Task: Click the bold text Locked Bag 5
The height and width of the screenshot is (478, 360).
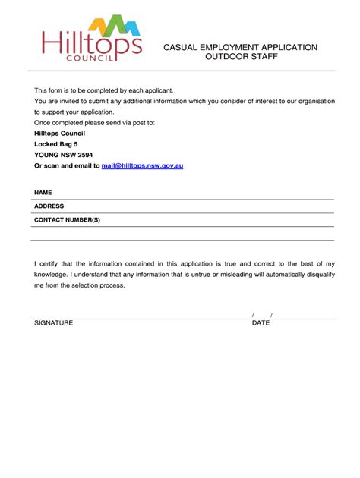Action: coord(56,143)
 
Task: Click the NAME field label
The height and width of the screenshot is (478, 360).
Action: coord(43,193)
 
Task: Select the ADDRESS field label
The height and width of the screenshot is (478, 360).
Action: coord(49,206)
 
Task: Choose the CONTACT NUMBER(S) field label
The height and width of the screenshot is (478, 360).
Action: coord(67,219)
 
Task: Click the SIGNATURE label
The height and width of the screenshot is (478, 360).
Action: coord(53,322)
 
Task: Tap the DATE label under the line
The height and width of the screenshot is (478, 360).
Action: coord(261,322)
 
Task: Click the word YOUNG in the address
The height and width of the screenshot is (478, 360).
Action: coord(46,154)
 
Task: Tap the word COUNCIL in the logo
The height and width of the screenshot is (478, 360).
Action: coord(90,57)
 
